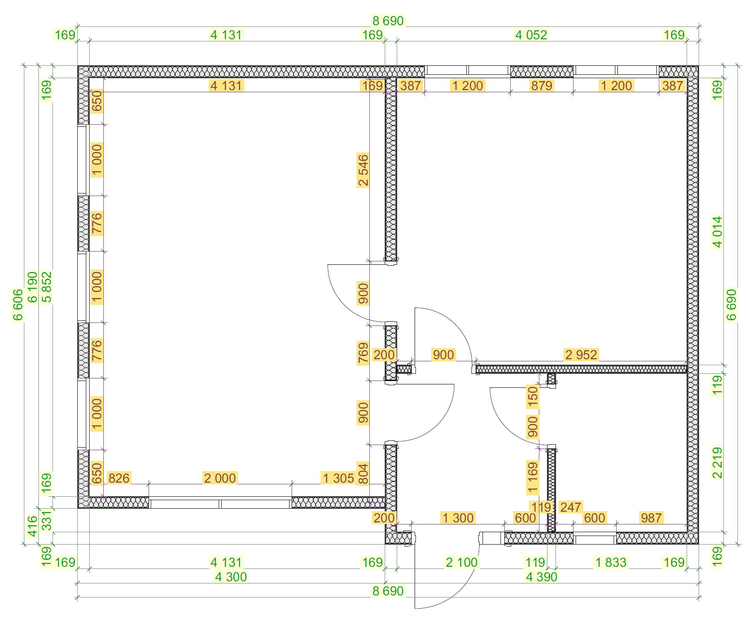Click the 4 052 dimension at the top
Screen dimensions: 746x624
pyautogui.click(x=531, y=35)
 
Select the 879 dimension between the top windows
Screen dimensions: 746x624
pyautogui.click(x=541, y=86)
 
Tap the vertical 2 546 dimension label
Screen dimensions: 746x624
pyautogui.click(x=363, y=171)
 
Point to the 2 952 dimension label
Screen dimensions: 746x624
pyautogui.click(x=581, y=354)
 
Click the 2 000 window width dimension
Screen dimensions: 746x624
pyautogui.click(x=220, y=478)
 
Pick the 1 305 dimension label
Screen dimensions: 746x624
pyautogui.click(x=338, y=478)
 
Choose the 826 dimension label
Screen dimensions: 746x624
pyautogui.click(x=119, y=478)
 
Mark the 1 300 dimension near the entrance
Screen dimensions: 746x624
pyautogui.click(x=458, y=518)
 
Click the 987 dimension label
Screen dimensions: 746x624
pyautogui.click(x=651, y=518)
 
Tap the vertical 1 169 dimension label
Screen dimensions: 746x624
pyautogui.click(x=532, y=478)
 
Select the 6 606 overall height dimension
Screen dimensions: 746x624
pyautogui.click(x=18, y=305)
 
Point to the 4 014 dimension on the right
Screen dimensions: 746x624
pyautogui.click(x=718, y=232)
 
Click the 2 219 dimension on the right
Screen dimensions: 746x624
pyautogui.click(x=718, y=463)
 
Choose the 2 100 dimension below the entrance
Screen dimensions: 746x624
pyautogui.click(x=461, y=562)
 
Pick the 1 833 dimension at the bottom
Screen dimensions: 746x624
pyautogui.click(x=611, y=562)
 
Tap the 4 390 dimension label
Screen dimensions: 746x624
pyautogui.click(x=541, y=577)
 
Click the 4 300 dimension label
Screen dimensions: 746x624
pyautogui.click(x=231, y=577)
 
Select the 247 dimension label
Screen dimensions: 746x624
pyautogui.click(x=570, y=507)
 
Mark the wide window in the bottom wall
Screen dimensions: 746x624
pyautogui.click(x=220, y=502)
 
